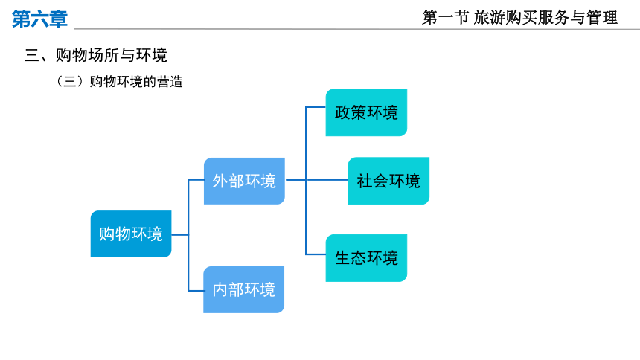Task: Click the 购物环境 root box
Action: [x=131, y=234]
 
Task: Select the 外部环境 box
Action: [x=245, y=181]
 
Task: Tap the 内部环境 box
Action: [x=243, y=290]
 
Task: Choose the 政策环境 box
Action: [x=366, y=112]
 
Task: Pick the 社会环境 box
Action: [x=388, y=181]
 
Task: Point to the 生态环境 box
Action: [x=366, y=258]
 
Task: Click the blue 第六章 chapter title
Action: [x=39, y=19]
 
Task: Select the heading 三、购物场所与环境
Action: [x=95, y=55]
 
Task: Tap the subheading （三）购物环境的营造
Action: [x=119, y=82]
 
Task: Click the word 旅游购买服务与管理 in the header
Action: [x=545, y=18]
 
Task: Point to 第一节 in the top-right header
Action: [x=446, y=18]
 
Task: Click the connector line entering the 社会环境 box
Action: [x=327, y=179]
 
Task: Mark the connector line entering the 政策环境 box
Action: [x=316, y=107]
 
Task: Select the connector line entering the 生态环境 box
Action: [x=316, y=254]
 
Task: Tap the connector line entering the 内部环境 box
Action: [x=196, y=291]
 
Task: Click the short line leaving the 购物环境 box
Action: [x=179, y=234]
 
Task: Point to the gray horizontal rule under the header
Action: [x=357, y=29]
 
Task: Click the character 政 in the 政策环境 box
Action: [x=342, y=112]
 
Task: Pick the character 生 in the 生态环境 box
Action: [x=342, y=258]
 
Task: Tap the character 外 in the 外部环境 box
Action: [x=220, y=181]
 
